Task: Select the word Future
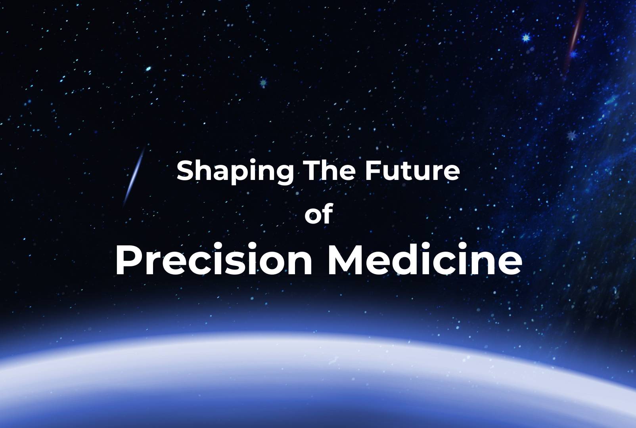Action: [412, 170]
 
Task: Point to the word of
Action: [318, 214]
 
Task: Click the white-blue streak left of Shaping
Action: [134, 176]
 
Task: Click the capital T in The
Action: [311, 170]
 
